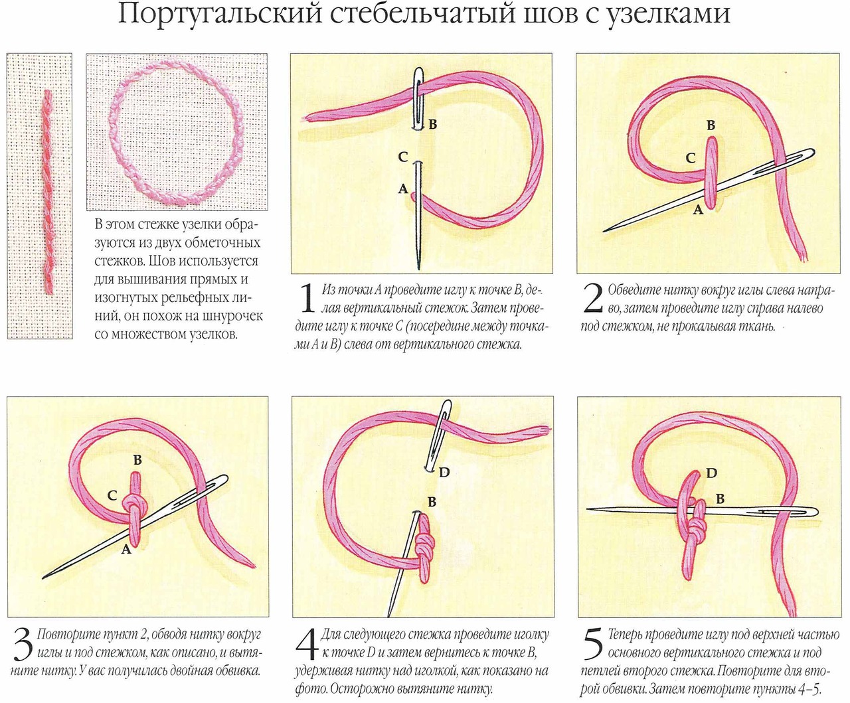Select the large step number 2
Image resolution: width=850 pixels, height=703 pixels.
point(592,298)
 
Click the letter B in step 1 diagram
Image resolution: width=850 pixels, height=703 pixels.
point(433,124)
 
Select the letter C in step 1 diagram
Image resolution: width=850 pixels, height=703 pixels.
point(402,157)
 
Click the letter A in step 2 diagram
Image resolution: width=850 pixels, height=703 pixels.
point(698,210)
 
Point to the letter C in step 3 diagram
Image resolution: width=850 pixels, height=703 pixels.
point(112,495)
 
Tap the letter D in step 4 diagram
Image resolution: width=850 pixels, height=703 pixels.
point(444,472)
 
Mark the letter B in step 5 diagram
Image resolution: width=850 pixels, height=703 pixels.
point(720,499)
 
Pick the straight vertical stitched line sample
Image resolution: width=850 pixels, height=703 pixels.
point(47,193)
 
